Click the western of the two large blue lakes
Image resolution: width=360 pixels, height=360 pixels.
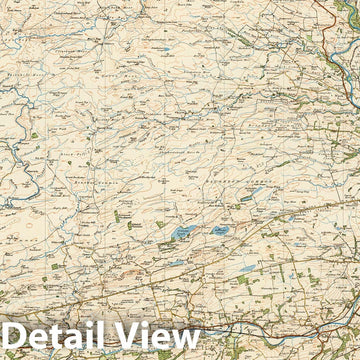click(x=183, y=233)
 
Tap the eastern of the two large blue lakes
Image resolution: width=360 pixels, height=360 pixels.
click(x=217, y=231)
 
